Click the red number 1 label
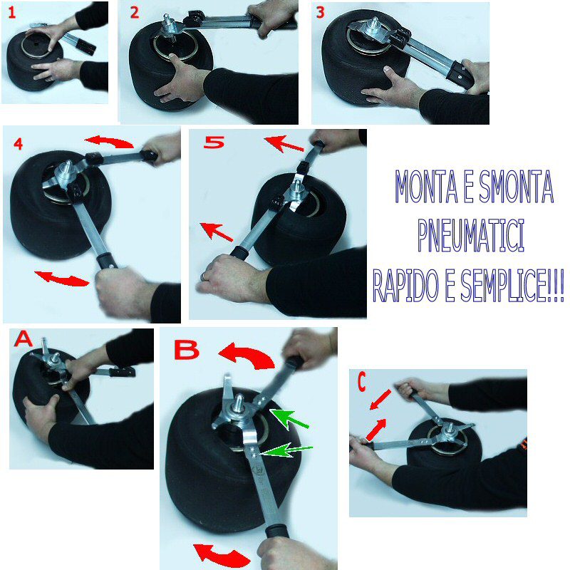12,13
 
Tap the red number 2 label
135,13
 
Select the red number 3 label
320,12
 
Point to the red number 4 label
19,144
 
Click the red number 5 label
214,142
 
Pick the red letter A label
24,339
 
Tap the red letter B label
187,350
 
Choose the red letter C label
361,382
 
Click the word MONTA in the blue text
426,187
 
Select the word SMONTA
516,187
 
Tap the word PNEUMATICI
471,236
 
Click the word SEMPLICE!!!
512,286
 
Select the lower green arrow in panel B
286,450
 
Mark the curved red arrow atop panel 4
109,141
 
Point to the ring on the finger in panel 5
203,277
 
